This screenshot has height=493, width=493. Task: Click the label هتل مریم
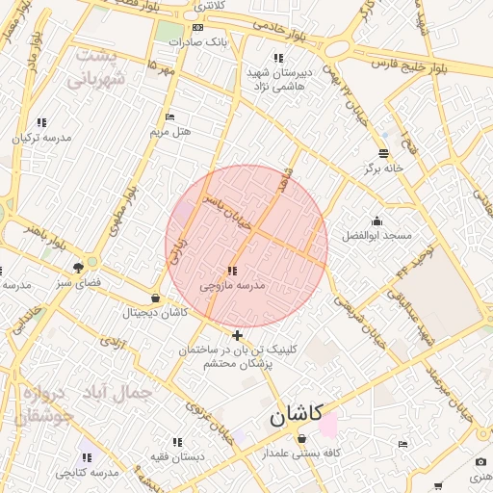click(171, 131)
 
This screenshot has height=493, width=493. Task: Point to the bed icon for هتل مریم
click(169, 117)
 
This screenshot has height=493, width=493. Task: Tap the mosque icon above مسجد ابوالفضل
click(376, 221)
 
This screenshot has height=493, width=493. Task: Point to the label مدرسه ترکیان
click(40, 138)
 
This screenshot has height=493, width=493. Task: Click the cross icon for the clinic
click(238, 335)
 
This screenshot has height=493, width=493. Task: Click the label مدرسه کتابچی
click(86, 473)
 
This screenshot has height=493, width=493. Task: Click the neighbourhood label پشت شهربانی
click(95, 68)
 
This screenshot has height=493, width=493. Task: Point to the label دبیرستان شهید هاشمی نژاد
click(279, 79)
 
